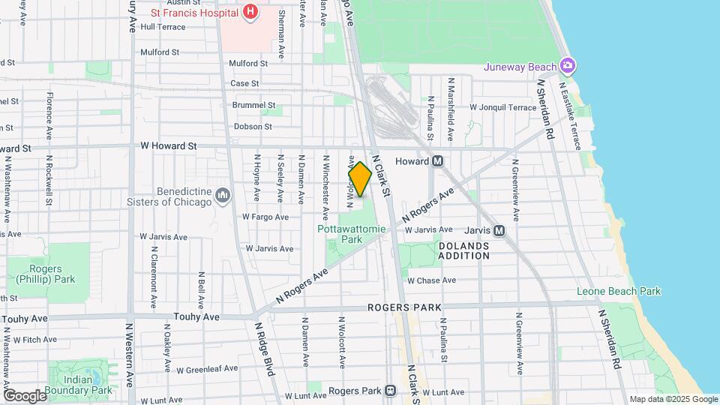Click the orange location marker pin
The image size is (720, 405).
[x=360, y=179]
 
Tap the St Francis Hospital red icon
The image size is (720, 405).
[x=250, y=12]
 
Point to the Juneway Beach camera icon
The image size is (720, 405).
[x=568, y=67]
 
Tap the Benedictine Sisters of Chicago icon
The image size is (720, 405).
[x=223, y=196]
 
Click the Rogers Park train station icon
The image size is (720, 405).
[x=390, y=390]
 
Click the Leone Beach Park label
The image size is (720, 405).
[x=619, y=291]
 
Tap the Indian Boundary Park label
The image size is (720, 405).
[x=78, y=385]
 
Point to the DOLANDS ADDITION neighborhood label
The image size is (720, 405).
[x=463, y=250]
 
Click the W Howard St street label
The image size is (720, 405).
[x=169, y=145]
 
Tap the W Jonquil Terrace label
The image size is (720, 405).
[x=502, y=107]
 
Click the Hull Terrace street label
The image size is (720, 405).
[x=162, y=26]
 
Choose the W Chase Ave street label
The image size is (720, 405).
[x=431, y=280]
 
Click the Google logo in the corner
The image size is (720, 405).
[x=25, y=395]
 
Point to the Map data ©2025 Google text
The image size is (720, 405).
[x=673, y=399]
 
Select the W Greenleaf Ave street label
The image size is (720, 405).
[x=207, y=369]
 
